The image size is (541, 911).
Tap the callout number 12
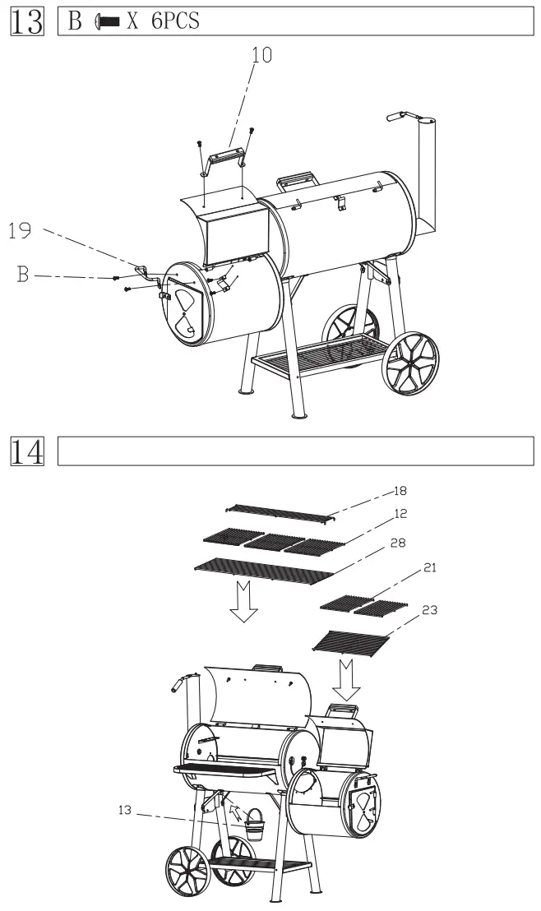coord(401,513)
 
